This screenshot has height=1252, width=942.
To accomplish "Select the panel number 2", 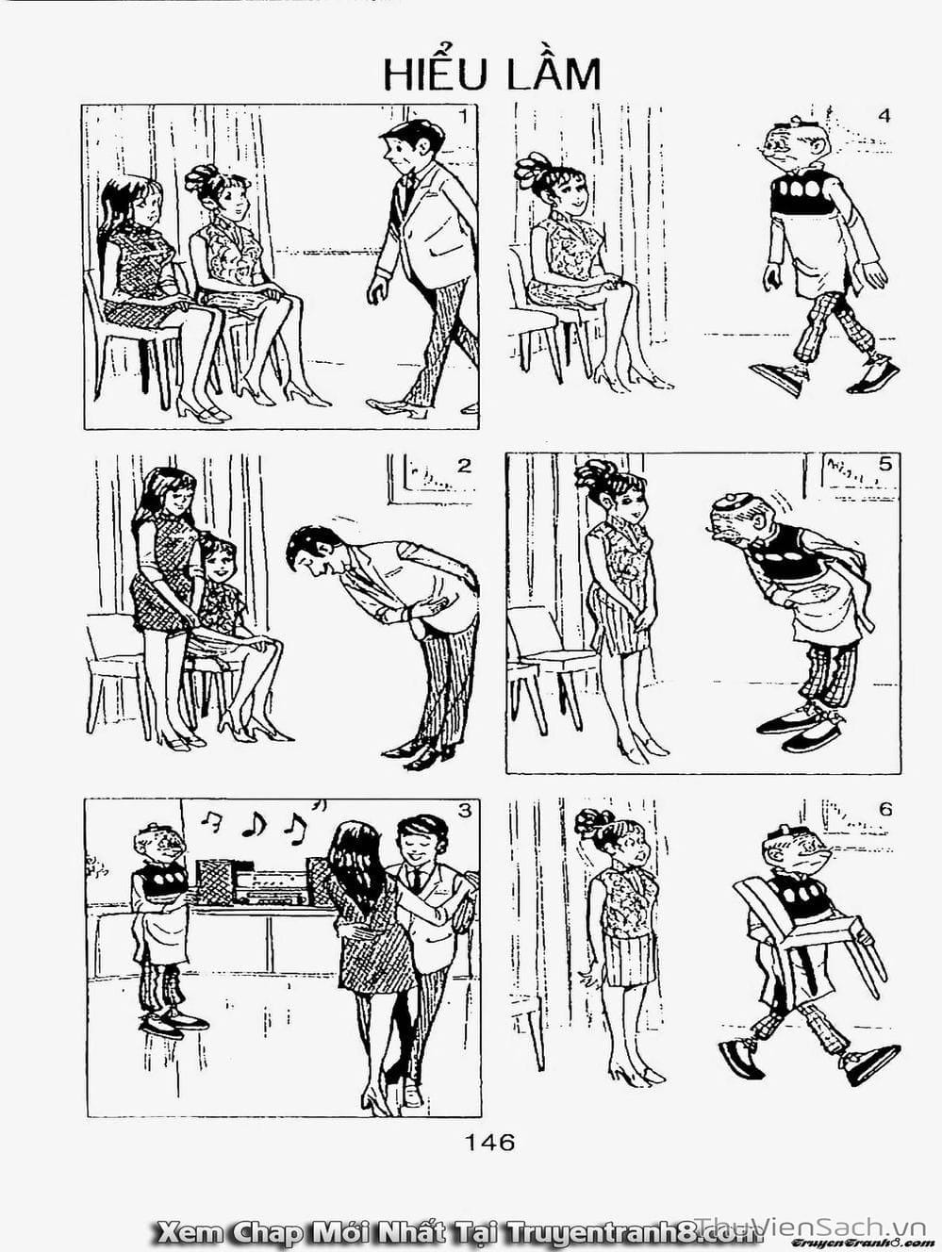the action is coord(464,466).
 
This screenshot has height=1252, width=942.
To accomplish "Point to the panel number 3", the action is coord(465,811).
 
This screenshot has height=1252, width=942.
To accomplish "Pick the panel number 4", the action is coord(884,116).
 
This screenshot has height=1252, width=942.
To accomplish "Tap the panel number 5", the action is coord(884,464).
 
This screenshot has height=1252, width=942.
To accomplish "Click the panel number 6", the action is coord(885,810).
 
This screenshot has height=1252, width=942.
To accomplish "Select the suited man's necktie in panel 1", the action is coord(409,189).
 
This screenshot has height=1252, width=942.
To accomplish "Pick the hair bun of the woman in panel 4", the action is coord(532,169).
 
